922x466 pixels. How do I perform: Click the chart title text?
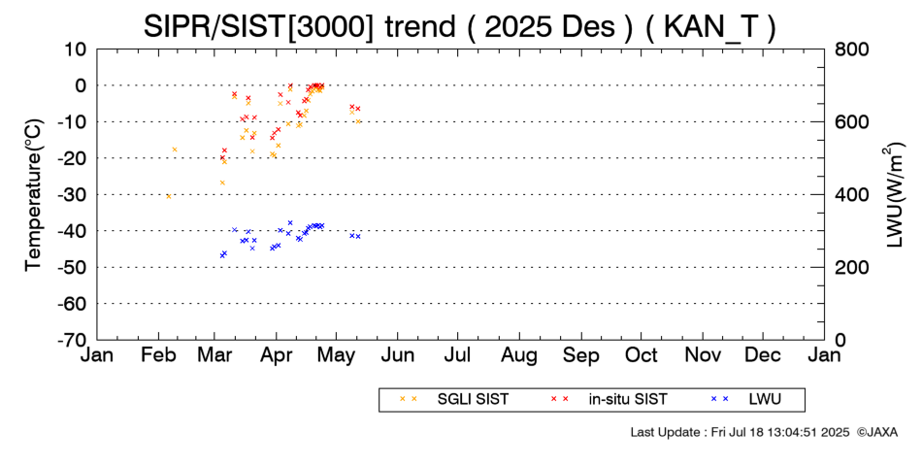click(x=460, y=25)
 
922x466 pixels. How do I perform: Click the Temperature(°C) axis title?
click(x=33, y=194)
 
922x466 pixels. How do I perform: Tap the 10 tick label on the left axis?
click(x=77, y=50)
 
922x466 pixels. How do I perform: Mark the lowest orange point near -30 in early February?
click(x=168, y=196)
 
